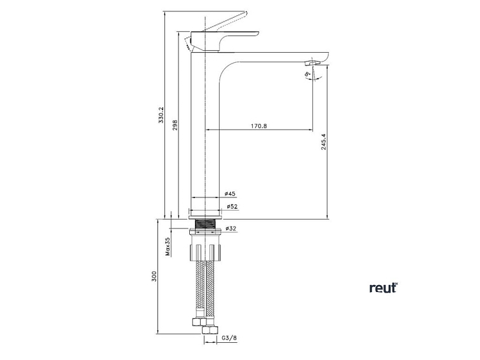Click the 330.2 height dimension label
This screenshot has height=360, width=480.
(x=161, y=116)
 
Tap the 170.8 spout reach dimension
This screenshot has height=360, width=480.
(x=258, y=126)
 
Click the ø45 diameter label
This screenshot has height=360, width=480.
(x=230, y=194)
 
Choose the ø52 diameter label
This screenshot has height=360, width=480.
(x=231, y=206)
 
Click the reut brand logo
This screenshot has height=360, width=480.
(x=383, y=288)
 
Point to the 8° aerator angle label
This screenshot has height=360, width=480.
(x=307, y=75)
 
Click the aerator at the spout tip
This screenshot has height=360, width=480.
(x=312, y=63)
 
